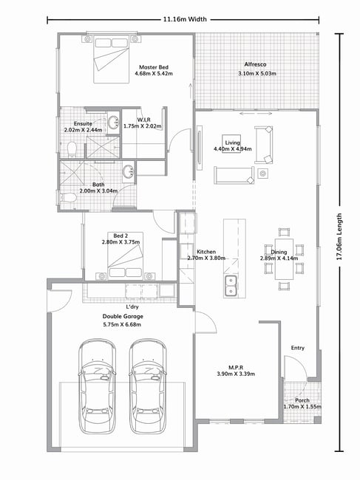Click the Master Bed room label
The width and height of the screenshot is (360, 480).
pyautogui.click(x=154, y=67)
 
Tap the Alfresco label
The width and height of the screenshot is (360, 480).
pyautogui.click(x=255, y=64)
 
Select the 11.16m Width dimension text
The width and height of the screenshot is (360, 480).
pyautogui.click(x=185, y=19)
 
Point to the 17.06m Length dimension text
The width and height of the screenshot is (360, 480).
pyautogui.click(x=339, y=236)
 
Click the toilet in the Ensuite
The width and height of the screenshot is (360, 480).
pyautogui.click(x=72, y=149)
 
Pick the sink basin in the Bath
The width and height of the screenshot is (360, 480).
pyautogui.click(x=128, y=171)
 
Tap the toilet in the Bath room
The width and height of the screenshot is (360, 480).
pyautogui.click(x=68, y=198)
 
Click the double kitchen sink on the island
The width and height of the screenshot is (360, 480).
pyautogui.click(x=231, y=286)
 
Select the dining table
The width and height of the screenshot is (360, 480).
pyautogui.click(x=284, y=259)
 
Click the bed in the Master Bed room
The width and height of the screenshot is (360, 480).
pyautogui.click(x=111, y=59)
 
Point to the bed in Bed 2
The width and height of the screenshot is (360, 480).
pyautogui.click(x=126, y=256)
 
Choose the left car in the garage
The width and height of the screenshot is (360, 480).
pyautogui.click(x=97, y=385)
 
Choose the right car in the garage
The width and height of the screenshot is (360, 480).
pyautogui.click(x=148, y=385)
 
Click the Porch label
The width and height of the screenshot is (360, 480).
pyautogui.click(x=302, y=400)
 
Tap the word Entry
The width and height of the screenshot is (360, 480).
pyautogui.click(x=297, y=348)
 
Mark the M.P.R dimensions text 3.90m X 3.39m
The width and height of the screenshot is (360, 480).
pyautogui.click(x=236, y=374)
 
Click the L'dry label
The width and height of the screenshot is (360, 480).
pyautogui.click(x=132, y=306)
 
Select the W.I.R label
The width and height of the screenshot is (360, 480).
pyautogui.click(x=143, y=120)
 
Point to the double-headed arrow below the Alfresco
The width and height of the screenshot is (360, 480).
pyautogui.click(x=256, y=114)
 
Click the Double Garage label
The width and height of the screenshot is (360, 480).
pyautogui.click(x=123, y=317)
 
